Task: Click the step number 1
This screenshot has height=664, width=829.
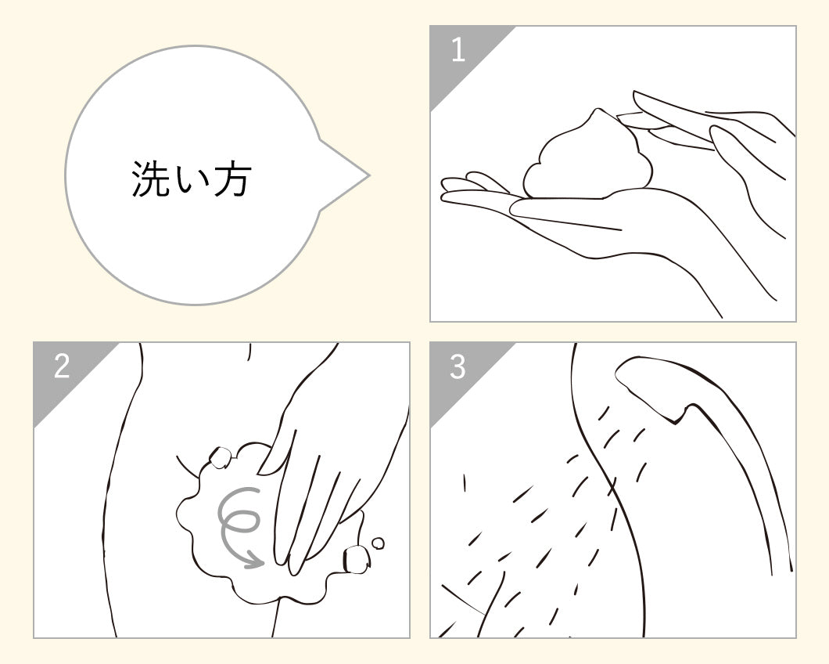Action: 458,51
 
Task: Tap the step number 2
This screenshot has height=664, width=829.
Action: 62,366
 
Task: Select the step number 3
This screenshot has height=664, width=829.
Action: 458,366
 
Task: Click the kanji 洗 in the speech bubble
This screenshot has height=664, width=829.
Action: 150,179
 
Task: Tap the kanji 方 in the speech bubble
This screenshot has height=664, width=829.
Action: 231,179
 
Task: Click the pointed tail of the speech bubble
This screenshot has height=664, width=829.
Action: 368,175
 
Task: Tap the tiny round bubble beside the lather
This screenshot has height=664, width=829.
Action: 378,543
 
